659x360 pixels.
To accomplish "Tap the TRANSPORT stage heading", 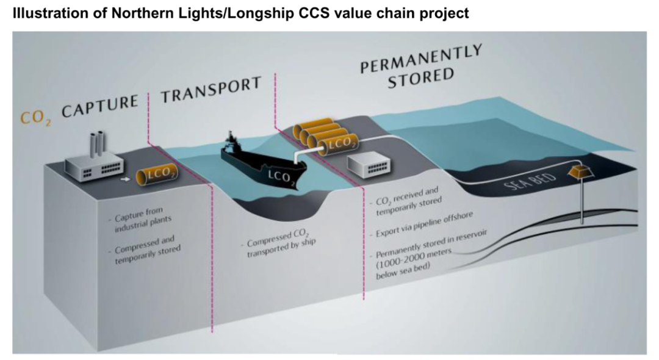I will point(211,91).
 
